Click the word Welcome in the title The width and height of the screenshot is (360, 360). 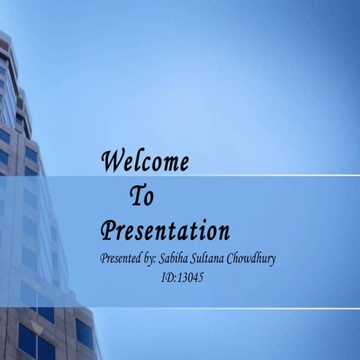point(145,161)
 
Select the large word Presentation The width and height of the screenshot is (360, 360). point(165,230)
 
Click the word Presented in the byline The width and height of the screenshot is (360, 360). point(123,259)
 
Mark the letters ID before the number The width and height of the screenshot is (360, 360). point(167,277)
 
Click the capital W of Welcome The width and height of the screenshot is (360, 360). point(113,160)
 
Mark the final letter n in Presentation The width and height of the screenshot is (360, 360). point(223,231)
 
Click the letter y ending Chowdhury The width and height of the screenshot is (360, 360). point(272,261)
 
